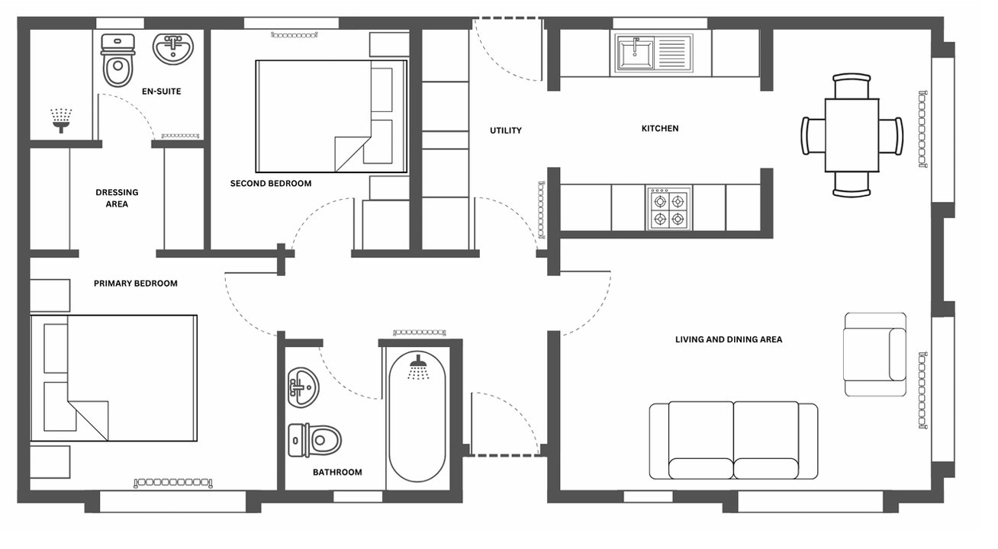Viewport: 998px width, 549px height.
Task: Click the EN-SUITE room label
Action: [x=161, y=91]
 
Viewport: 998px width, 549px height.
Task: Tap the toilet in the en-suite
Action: [x=118, y=60]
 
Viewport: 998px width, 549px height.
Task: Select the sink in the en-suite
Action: [x=173, y=48]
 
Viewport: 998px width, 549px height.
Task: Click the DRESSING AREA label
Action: [x=117, y=198]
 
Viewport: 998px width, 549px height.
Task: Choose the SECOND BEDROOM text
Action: [x=270, y=184]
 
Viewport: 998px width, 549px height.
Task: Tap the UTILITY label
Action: [x=506, y=130]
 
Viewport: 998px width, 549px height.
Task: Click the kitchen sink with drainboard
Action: [x=654, y=53]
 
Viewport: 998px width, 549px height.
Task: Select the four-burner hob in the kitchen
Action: [x=668, y=209]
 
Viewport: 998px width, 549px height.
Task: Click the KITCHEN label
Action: [x=660, y=128]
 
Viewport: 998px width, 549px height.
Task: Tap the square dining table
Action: [x=852, y=135]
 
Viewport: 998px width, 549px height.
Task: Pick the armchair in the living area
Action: [x=875, y=355]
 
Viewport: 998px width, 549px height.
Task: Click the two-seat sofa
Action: [x=733, y=441]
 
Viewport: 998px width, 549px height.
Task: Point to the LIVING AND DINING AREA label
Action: [x=729, y=339]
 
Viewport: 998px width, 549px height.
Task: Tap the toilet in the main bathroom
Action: [x=314, y=441]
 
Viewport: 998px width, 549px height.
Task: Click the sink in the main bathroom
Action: [x=303, y=387]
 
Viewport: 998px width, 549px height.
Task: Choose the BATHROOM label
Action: [x=337, y=472]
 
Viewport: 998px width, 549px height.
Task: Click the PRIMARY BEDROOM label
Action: [x=136, y=283]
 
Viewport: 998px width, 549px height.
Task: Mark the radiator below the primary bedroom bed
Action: [x=173, y=482]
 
